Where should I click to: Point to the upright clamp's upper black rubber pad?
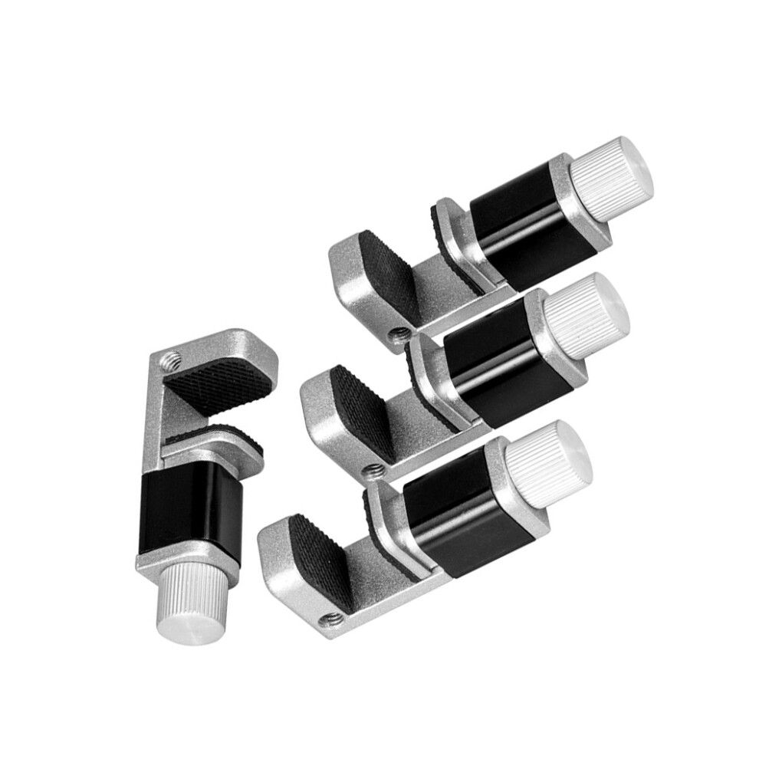(x=219, y=383)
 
